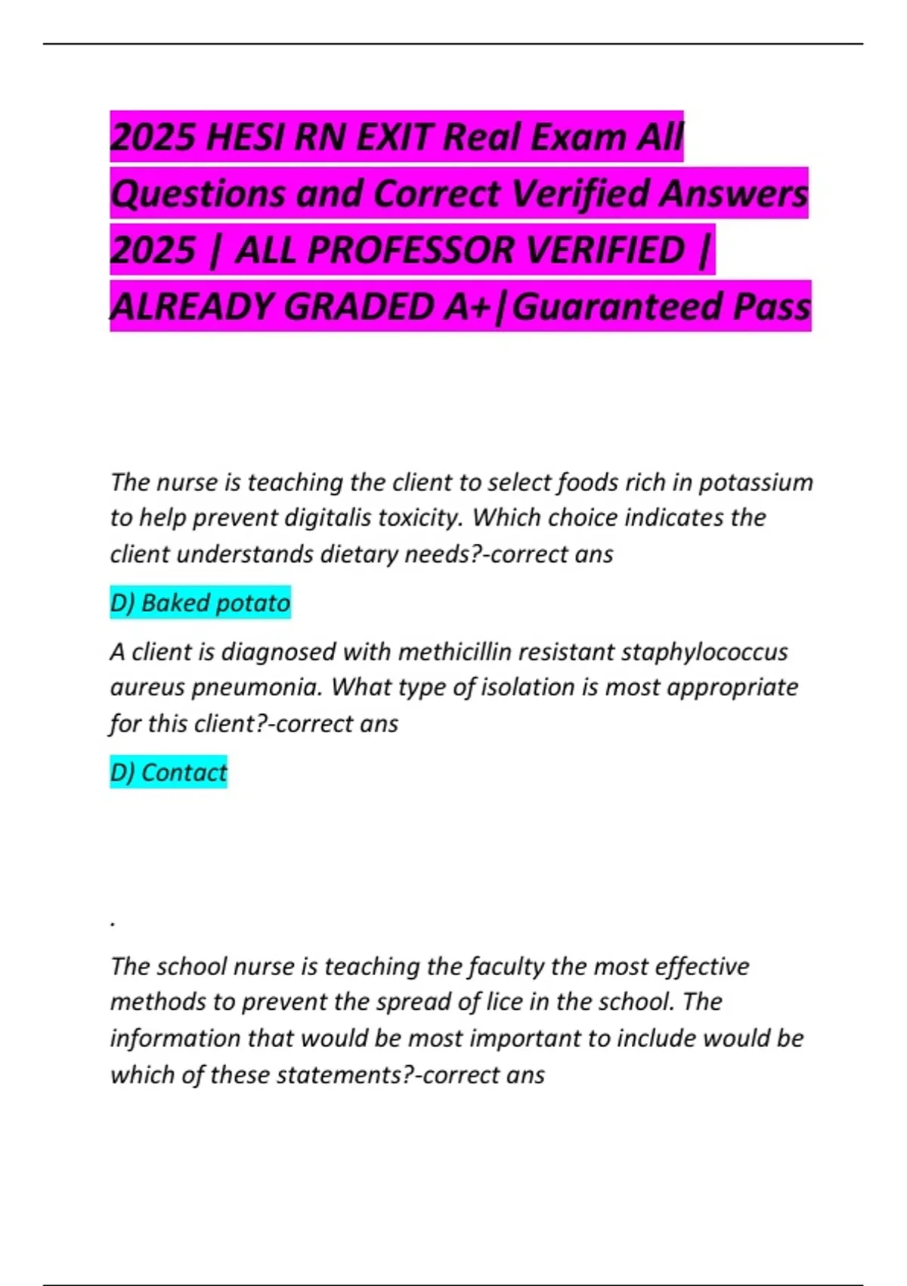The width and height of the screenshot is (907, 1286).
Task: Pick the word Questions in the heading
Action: click(x=198, y=194)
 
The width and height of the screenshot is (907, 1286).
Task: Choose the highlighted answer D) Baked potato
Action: click(x=200, y=603)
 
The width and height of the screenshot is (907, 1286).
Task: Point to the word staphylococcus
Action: click(x=704, y=652)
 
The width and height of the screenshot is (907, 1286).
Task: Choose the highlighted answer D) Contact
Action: click(x=169, y=772)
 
